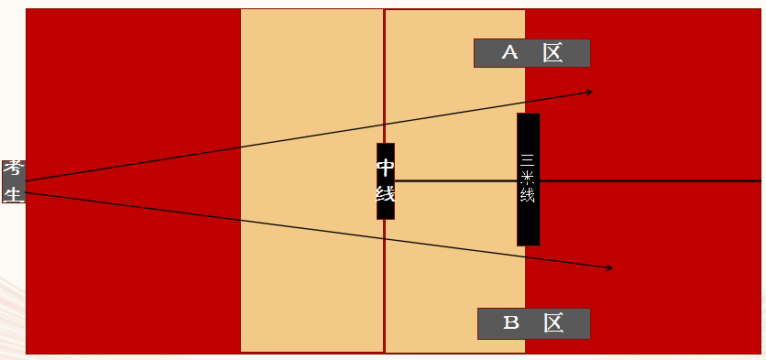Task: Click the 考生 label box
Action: pos(14,181)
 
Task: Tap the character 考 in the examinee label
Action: pos(14,170)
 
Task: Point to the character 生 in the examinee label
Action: pos(14,193)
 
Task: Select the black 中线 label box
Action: pos(386,181)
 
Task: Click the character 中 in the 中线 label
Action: pos(386,168)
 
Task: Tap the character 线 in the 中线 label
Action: pos(386,194)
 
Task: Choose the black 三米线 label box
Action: pos(528,180)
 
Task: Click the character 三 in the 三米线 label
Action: pos(528,159)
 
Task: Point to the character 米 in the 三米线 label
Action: pos(528,178)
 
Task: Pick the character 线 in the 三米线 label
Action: pos(528,195)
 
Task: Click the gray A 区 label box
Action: pos(532,53)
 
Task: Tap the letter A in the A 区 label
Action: pos(509,52)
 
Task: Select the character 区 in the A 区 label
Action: pos(553,52)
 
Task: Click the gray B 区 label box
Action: pos(534,323)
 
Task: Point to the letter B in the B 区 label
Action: pos(511,322)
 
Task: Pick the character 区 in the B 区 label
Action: pos(554,322)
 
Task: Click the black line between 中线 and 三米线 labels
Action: pos(455,181)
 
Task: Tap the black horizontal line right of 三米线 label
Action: pos(651,180)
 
